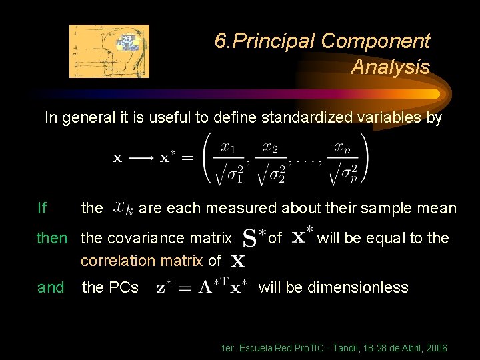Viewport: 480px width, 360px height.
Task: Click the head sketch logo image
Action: coord(109,51)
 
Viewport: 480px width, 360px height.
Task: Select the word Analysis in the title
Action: coord(390,67)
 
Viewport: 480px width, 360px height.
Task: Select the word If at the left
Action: coord(42,209)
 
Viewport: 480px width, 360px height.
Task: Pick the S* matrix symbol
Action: coord(253,237)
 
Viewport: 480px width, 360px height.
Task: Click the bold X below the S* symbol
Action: coord(237,262)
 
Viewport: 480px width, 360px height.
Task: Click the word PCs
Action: coord(123,288)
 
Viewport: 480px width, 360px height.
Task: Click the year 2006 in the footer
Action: coord(436,349)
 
